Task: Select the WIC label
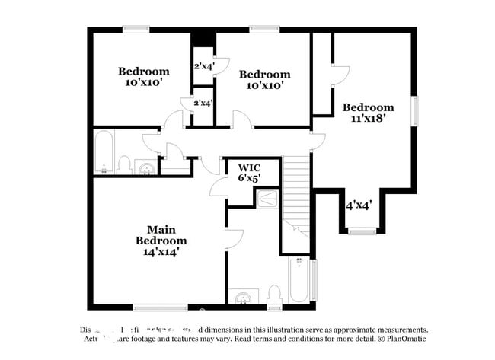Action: (249, 167)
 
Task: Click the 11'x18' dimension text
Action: (368, 118)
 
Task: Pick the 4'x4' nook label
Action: (359, 205)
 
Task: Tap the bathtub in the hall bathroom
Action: (104, 152)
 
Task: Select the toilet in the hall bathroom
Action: (123, 164)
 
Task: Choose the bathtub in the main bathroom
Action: (300, 282)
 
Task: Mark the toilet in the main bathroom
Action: (275, 295)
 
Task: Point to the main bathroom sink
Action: (244, 297)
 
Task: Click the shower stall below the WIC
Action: (267, 199)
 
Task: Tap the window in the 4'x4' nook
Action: (362, 229)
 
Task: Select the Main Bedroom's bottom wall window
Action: (160, 307)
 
